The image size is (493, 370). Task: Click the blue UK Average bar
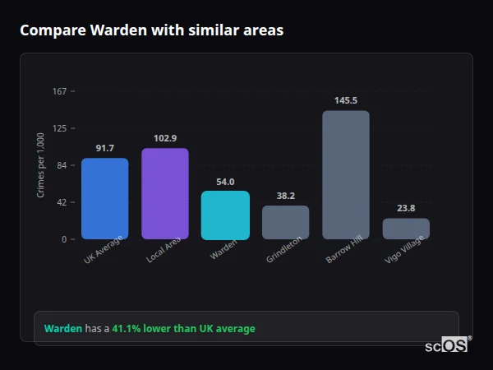104,198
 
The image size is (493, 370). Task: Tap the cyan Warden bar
225,215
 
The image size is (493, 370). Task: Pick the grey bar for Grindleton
285,222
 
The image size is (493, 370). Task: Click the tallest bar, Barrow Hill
346,174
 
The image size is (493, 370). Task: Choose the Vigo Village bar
406,229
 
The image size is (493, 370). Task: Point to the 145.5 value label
346,100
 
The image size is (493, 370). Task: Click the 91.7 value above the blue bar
104,148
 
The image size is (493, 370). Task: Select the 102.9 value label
165,138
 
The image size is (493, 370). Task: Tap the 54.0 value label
225,182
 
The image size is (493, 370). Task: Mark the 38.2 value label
285,196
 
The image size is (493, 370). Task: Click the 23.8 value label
406,208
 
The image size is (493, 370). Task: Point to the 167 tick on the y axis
59,91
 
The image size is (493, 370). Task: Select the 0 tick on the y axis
63,239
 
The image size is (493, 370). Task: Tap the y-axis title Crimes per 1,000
40,165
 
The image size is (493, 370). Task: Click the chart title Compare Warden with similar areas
152,30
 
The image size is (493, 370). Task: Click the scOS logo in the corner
446,345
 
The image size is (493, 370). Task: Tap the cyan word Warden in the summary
63,328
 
